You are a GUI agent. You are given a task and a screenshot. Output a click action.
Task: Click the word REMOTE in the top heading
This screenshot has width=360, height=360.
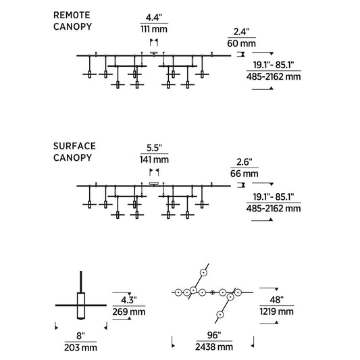click(x=72, y=15)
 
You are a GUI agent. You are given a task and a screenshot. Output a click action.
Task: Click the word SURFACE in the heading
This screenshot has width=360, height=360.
click(x=74, y=147)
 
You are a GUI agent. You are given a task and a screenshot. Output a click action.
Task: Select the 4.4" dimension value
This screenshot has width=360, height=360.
click(x=154, y=18)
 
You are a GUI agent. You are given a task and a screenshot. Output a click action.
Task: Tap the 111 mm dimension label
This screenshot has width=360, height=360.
click(x=154, y=29)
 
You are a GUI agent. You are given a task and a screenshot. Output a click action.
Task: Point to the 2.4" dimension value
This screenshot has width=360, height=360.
click(x=242, y=32)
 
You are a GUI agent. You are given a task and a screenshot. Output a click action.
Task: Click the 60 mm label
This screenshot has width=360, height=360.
click(x=242, y=43)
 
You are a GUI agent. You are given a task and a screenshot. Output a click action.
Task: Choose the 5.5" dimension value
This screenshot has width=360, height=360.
click(x=154, y=148)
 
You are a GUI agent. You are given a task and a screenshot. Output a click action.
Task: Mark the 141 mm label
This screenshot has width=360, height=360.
click(x=154, y=159)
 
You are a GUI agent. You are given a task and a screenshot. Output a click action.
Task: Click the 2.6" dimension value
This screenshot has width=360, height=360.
click(x=245, y=162)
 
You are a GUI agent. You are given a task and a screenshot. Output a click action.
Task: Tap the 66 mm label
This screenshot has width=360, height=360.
click(x=245, y=174)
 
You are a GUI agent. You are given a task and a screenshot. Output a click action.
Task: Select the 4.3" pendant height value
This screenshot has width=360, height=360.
click(x=129, y=300)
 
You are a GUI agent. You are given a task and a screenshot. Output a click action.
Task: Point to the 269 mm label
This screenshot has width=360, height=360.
click(x=129, y=312)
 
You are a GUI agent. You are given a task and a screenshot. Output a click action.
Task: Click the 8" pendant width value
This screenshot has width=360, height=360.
click(x=80, y=336)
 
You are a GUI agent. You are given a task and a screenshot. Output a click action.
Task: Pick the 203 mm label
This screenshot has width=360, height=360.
click(x=80, y=348)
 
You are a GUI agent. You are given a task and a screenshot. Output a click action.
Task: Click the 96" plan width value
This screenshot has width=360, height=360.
click(x=214, y=335)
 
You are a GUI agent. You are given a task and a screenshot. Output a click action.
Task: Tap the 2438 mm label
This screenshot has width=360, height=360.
click(x=214, y=347)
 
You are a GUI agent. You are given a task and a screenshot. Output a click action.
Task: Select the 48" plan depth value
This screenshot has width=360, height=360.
click(x=277, y=300)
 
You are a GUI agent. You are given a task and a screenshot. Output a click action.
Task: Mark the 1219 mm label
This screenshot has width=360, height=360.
click(x=277, y=311)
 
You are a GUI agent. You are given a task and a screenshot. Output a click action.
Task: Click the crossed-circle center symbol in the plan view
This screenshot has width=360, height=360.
click(x=213, y=292)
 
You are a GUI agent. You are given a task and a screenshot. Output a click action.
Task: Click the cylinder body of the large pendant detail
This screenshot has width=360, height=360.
click(x=81, y=305)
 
